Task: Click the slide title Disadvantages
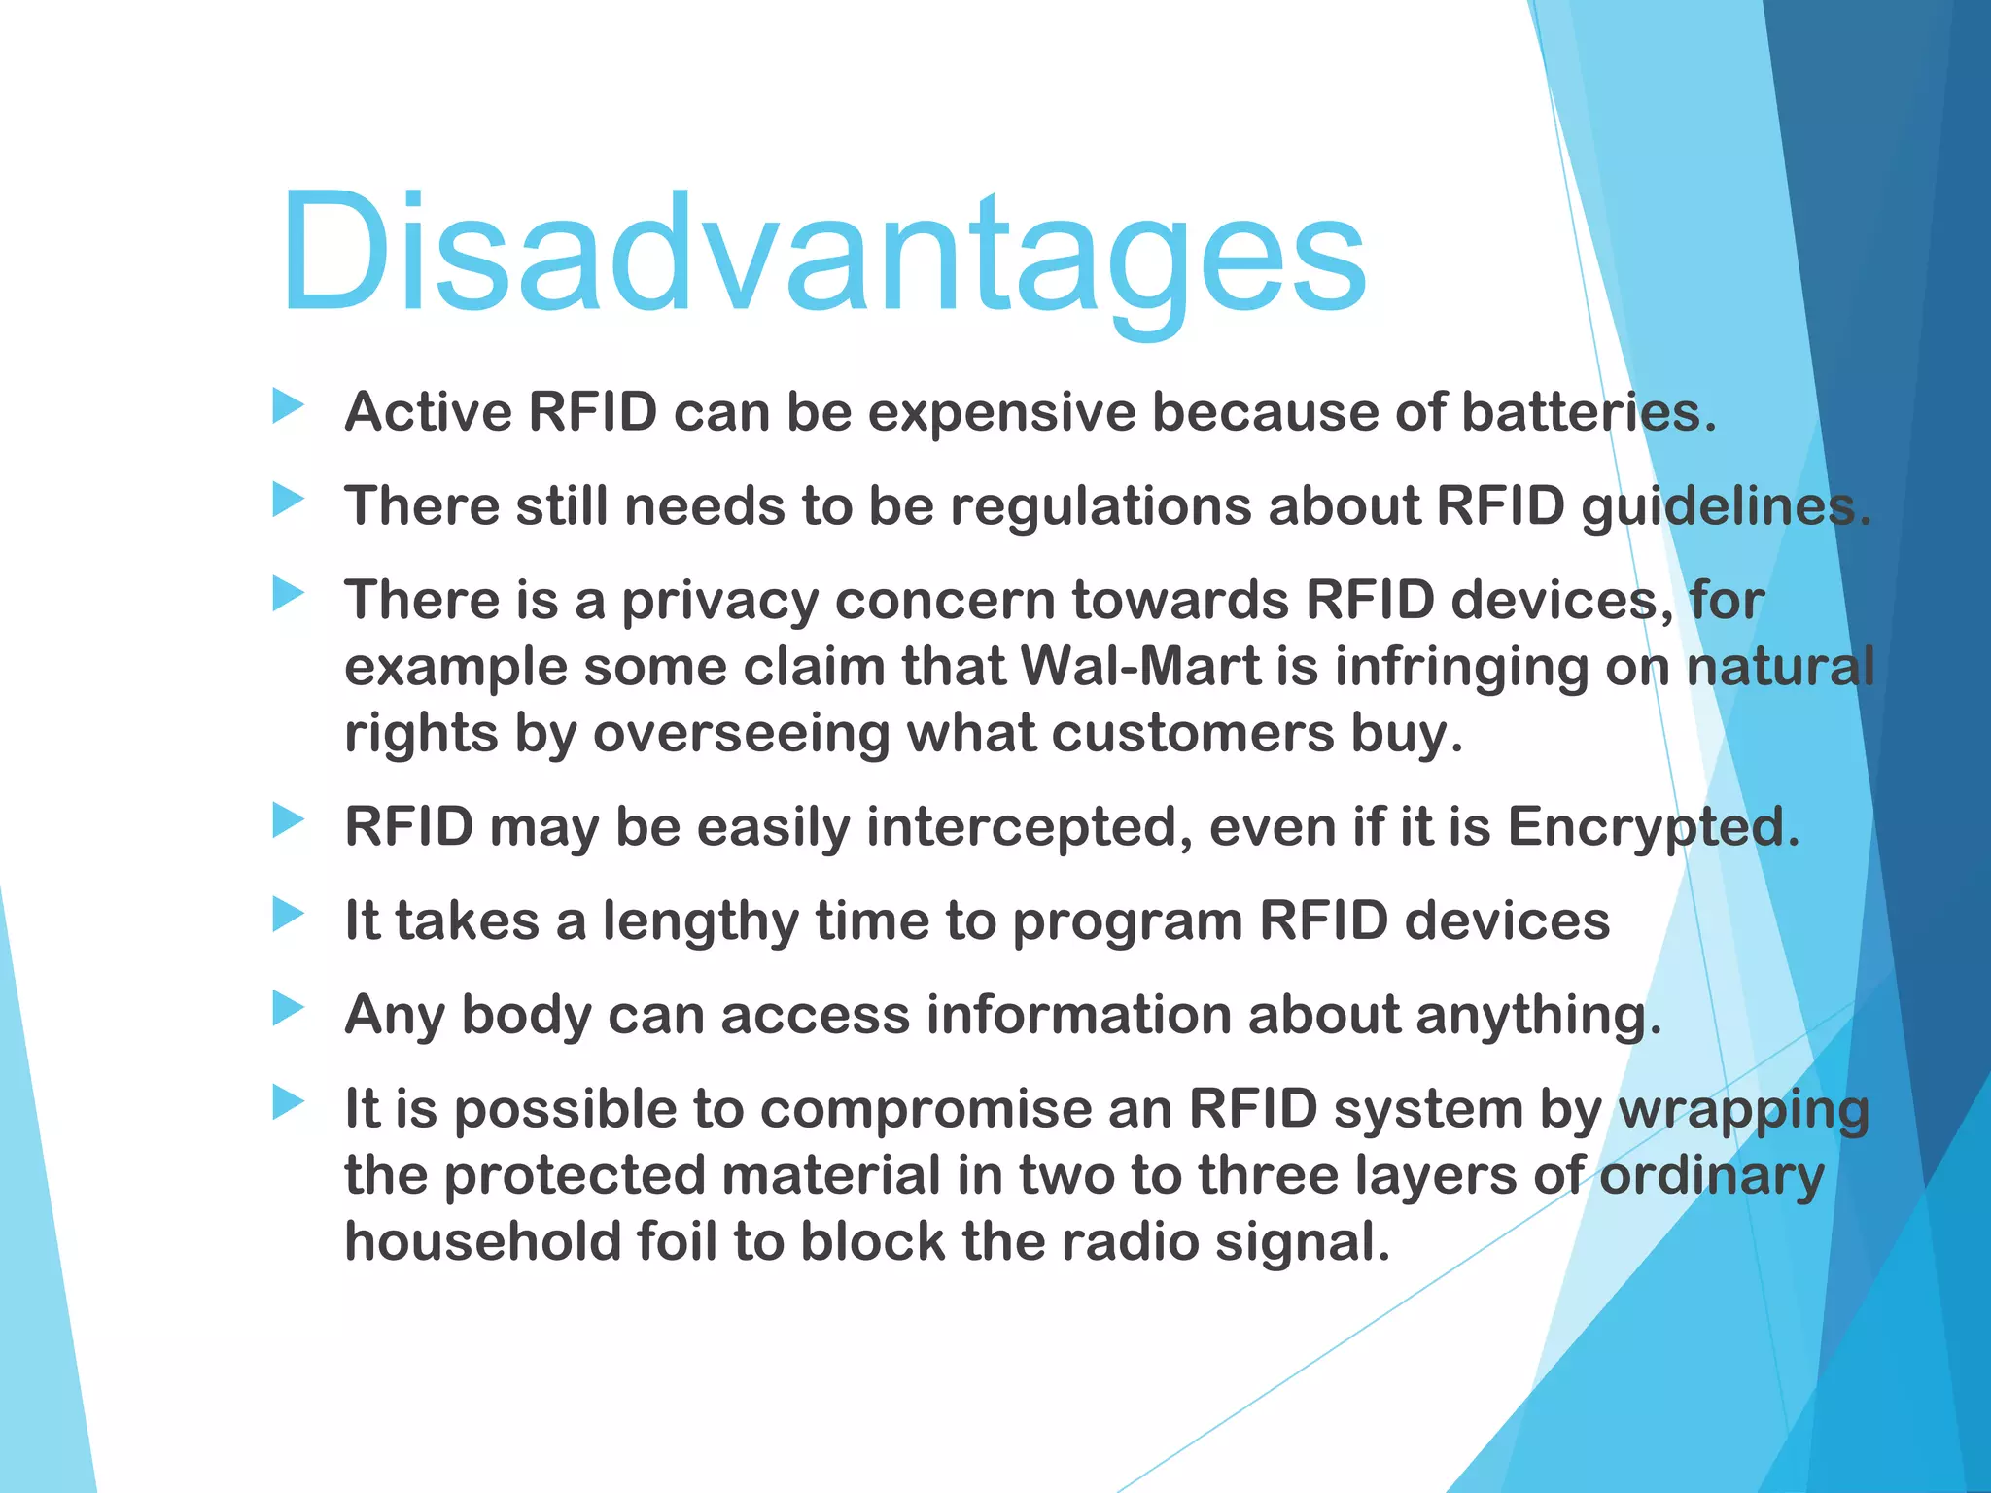(822, 255)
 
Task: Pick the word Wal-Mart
(1139, 668)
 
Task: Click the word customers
(1193, 733)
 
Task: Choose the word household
(482, 1242)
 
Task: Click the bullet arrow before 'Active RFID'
(288, 406)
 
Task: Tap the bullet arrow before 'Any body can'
(288, 1009)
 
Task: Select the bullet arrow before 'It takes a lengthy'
(288, 915)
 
